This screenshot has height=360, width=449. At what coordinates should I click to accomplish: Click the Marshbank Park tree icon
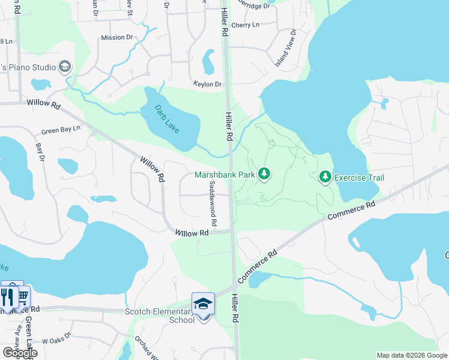coord(264,175)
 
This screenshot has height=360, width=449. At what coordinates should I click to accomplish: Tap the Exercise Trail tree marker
coord(325,177)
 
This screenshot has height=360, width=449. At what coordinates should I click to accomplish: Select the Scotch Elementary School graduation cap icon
coord(203,305)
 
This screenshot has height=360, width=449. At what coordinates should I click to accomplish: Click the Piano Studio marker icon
coord(65,66)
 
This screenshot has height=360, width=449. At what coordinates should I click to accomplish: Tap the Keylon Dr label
coord(207,85)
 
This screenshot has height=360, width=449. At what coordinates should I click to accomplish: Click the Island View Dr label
coord(285,47)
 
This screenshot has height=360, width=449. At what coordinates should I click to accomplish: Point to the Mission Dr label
coord(116,37)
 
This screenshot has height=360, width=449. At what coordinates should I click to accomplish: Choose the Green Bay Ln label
coord(61,130)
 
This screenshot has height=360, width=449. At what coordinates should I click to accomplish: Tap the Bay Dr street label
coord(40,152)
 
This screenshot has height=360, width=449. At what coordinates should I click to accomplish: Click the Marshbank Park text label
coord(224,175)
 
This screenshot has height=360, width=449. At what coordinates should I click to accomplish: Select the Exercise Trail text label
coord(359,178)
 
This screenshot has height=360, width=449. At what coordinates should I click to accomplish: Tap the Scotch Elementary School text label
coord(160,316)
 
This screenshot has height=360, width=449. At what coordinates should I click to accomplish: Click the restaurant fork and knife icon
coord(9,297)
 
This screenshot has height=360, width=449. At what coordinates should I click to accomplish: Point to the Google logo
coord(19,353)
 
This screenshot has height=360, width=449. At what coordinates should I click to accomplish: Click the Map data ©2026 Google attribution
coord(412,355)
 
